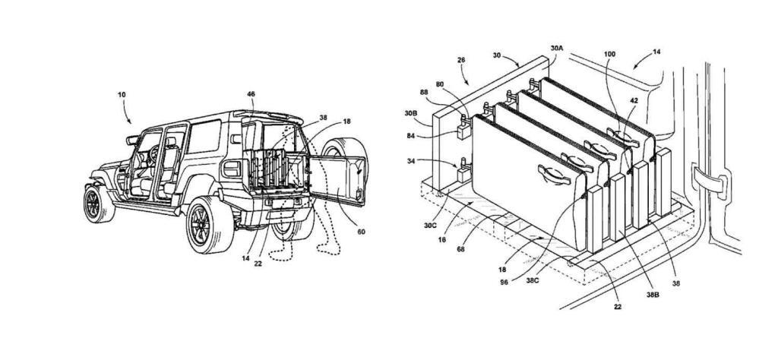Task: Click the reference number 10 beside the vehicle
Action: click(122, 94)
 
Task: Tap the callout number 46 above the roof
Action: click(251, 93)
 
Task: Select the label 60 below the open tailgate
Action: click(361, 232)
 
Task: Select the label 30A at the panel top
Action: click(557, 49)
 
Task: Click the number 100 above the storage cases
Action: click(610, 54)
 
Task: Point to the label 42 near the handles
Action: click(634, 100)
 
